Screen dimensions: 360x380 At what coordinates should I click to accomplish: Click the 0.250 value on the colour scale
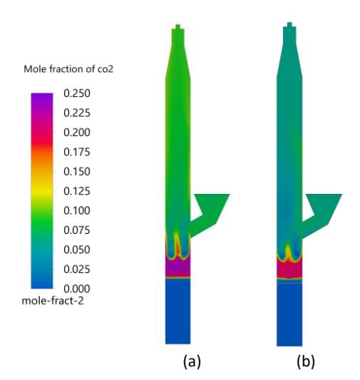pos(77,93)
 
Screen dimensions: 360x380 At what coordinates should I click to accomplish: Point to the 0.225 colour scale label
pos(77,113)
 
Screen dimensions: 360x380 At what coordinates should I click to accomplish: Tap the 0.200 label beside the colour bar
pos(77,133)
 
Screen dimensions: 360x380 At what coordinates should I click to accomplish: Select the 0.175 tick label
pos(77,152)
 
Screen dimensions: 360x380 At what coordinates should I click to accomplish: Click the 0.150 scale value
pos(77,172)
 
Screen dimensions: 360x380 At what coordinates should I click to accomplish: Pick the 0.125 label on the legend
pos(77,191)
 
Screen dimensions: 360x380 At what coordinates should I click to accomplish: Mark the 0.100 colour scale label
pos(77,210)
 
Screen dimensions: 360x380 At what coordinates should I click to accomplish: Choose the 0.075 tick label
pos(77,230)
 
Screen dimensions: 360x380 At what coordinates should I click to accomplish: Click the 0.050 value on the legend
pos(77,250)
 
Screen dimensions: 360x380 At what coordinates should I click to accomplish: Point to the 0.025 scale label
pos(77,269)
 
